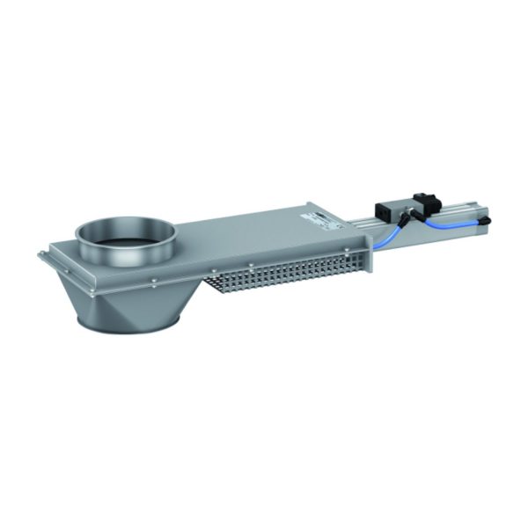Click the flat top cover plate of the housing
pos(255,233)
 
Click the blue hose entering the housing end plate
pos(380,244)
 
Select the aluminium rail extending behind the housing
pos(440,233)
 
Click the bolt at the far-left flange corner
pos(42,256)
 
